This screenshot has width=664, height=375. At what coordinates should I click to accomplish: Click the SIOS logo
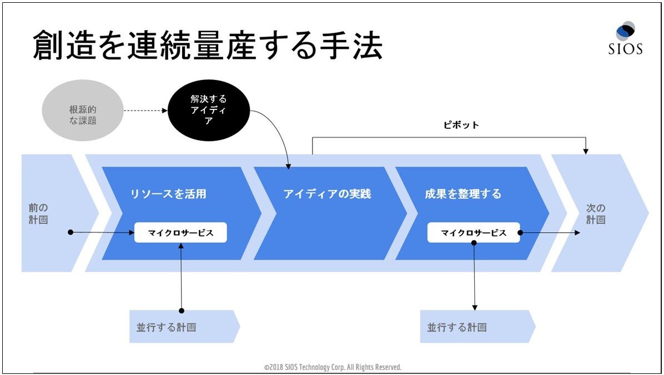[626, 38]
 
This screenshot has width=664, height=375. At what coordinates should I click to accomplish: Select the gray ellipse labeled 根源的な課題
[83, 111]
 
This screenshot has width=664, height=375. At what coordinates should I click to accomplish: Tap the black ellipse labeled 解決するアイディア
[209, 110]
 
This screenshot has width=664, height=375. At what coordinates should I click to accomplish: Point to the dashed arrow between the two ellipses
[145, 111]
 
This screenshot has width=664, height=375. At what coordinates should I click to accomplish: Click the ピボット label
[461, 125]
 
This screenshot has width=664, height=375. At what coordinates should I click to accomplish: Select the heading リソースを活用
[168, 194]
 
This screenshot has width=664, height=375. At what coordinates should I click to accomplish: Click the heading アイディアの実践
[327, 194]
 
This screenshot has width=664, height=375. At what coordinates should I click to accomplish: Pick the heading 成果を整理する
[463, 194]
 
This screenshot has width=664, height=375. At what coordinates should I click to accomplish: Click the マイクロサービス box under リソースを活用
[180, 233]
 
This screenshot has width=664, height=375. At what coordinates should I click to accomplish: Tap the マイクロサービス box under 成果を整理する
[474, 233]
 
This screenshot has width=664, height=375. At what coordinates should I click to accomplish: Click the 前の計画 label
[38, 213]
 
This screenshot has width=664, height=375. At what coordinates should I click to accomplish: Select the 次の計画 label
[595, 213]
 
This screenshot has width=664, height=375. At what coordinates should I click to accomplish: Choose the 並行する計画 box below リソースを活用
[185, 327]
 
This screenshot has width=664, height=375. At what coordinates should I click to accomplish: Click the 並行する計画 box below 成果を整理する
[477, 327]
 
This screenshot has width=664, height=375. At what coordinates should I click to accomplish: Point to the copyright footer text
[333, 367]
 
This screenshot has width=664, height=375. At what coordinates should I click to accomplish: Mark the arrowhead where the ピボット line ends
[586, 151]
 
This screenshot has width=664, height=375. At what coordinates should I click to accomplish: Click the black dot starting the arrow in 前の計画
[71, 232]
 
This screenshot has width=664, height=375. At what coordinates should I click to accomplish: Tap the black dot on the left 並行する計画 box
[182, 311]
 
